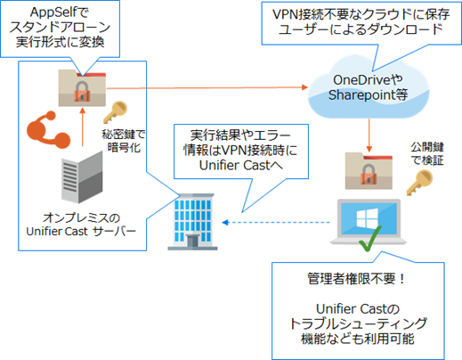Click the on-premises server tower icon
82,177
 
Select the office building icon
192,222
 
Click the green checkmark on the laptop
369,239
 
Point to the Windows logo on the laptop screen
368,218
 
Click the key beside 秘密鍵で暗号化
115,112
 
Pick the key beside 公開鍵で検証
419,182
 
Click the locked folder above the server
82,88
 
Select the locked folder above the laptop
369,171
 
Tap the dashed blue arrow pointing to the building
276,222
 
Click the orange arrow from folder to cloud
207,87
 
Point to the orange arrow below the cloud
369,135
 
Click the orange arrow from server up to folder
83,127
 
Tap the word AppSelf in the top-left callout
51,12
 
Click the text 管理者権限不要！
356,278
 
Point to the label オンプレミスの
81,217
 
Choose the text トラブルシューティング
358,323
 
